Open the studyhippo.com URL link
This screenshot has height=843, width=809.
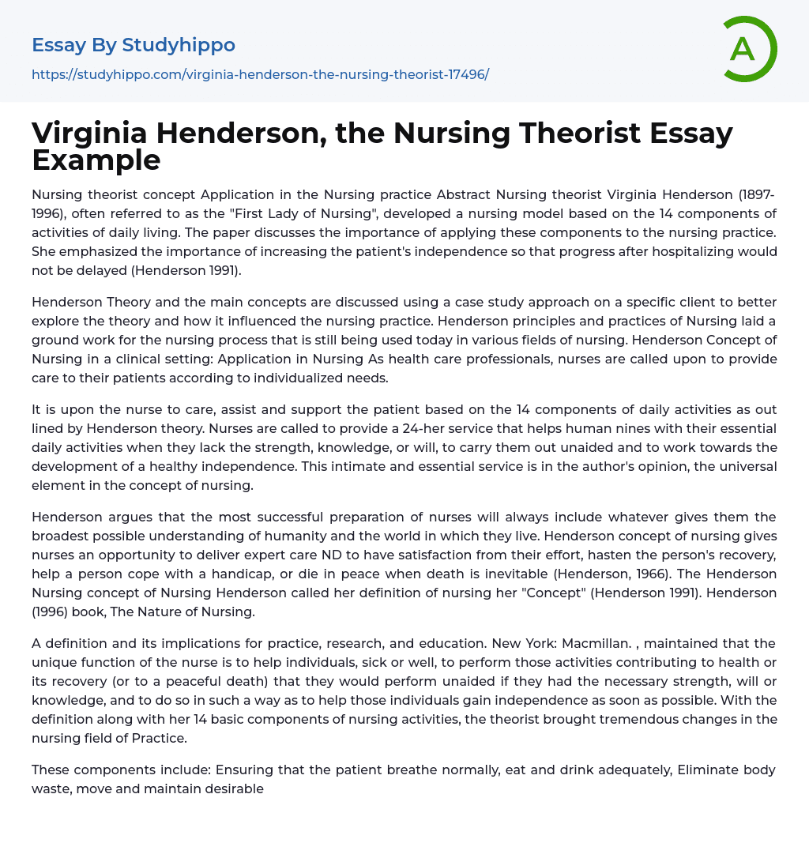click(x=260, y=74)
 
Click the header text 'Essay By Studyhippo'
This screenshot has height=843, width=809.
click(x=134, y=45)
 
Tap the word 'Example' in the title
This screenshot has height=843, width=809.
click(x=96, y=160)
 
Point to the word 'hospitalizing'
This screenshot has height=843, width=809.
click(x=666, y=251)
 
